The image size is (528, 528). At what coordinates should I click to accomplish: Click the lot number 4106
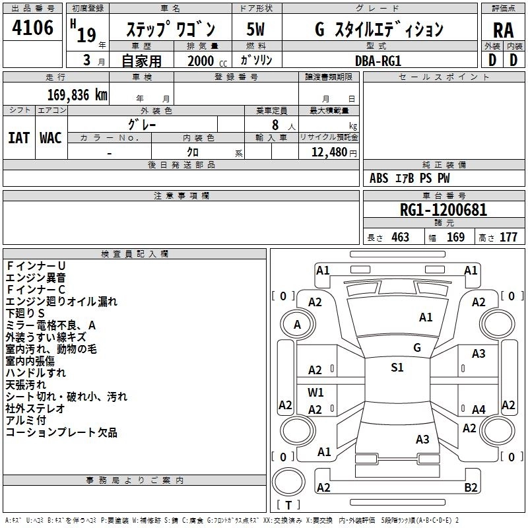33,28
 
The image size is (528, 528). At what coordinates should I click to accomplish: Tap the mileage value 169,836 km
78,95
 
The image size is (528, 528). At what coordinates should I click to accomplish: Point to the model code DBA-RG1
378,60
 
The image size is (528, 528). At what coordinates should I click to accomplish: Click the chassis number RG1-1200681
444,211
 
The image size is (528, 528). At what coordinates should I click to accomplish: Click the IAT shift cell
18,137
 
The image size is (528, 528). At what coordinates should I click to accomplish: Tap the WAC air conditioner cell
50,137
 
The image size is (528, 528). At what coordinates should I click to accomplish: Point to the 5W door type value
255,30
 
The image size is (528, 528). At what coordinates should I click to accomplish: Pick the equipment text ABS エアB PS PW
411,178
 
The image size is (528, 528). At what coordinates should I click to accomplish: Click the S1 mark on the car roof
397,368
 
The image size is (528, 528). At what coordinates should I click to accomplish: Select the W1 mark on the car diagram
315,392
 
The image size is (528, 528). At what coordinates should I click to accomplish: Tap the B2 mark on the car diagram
471,488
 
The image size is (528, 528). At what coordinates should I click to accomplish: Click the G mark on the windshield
416,348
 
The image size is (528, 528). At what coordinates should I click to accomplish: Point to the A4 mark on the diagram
478,410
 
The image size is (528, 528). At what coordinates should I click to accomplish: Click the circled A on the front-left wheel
297,325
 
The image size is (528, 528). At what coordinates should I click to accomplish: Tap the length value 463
399,238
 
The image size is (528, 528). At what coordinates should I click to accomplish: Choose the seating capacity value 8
274,124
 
